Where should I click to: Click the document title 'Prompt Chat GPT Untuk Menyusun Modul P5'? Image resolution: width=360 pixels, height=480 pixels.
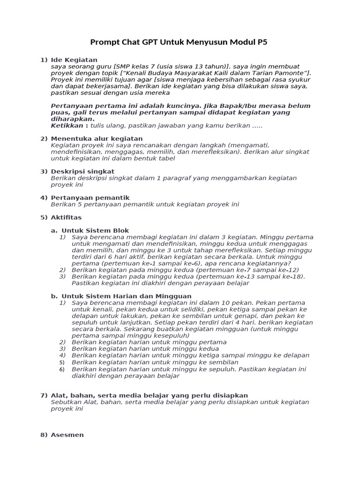tap(180, 43)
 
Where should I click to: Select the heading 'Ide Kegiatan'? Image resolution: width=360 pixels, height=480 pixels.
tap(74, 60)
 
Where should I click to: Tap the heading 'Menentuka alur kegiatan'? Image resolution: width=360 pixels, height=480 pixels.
tap(97, 139)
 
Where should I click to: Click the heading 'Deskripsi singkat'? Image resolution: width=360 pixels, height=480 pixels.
tap(82, 172)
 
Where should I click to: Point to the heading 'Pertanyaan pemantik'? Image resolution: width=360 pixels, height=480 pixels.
tap(90, 198)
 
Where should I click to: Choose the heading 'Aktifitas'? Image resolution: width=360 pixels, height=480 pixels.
tap(66, 217)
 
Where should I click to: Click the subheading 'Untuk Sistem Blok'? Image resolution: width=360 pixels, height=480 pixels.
tap(95, 231)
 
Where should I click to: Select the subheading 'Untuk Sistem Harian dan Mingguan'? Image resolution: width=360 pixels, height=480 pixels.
tap(127, 296)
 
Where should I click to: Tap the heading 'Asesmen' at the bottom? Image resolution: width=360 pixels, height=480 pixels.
tap(67, 435)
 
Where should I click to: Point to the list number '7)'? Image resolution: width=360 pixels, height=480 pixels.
tap(44, 396)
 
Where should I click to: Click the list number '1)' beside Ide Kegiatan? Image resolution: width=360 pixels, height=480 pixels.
tap(44, 60)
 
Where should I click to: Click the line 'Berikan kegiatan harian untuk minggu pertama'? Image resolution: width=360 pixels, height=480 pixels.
tap(149, 342)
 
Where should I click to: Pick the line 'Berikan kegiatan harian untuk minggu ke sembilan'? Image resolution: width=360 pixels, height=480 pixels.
tap(155, 362)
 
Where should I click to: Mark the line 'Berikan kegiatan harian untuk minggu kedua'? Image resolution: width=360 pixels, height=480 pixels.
tap(145, 349)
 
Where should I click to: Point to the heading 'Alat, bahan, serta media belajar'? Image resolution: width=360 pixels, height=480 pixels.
tap(149, 396)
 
